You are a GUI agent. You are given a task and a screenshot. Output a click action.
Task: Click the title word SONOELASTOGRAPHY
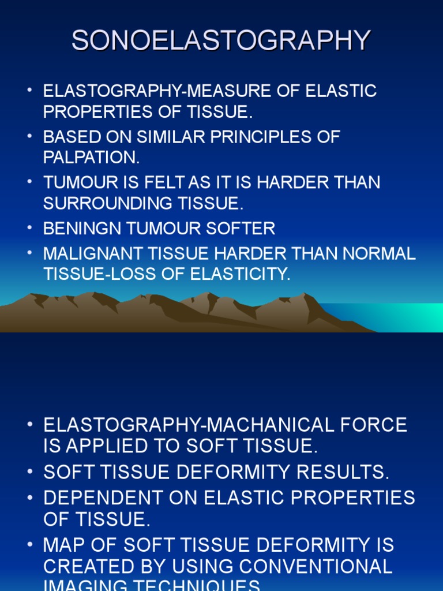(x=221, y=41)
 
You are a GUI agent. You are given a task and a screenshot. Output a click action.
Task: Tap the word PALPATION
(x=91, y=157)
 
